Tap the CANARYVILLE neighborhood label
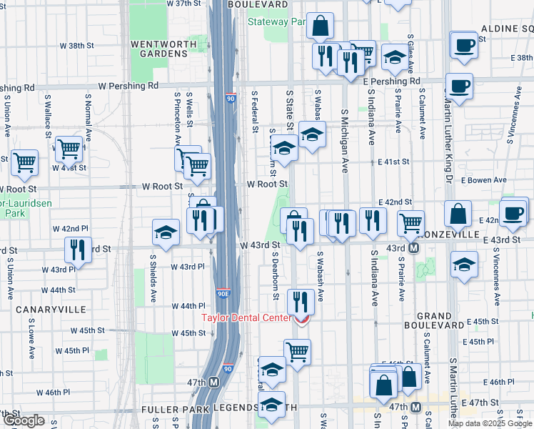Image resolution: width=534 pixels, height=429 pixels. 54,310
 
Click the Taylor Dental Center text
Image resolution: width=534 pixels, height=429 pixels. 246,318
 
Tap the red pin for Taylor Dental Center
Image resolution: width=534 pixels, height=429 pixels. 302,320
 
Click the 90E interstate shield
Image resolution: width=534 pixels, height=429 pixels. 223,292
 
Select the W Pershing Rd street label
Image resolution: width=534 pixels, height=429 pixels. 129,86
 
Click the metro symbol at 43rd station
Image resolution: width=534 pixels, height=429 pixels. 413,248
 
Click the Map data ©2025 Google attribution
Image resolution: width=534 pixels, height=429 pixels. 490,423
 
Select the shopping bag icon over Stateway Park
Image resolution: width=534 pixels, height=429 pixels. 321,26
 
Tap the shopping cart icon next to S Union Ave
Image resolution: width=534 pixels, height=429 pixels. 24,162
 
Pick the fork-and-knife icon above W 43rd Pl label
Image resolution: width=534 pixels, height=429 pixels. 76,249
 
